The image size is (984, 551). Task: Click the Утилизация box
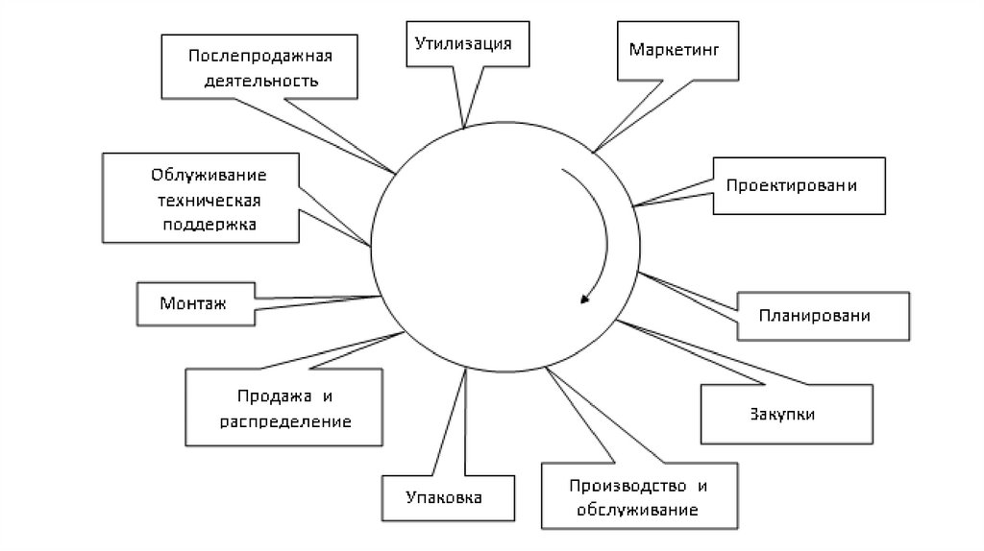click(463, 43)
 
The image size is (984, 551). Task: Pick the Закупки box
click(787, 414)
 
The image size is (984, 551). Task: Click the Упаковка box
click(444, 499)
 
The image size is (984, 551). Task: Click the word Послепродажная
click(260, 54)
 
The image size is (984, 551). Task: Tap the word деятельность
click(259, 81)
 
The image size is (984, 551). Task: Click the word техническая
click(203, 202)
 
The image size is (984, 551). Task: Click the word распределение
click(284, 421)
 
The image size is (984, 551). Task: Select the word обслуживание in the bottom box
click(637, 508)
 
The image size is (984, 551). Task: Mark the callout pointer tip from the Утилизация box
click(464, 128)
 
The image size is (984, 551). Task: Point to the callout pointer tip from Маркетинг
click(594, 153)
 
